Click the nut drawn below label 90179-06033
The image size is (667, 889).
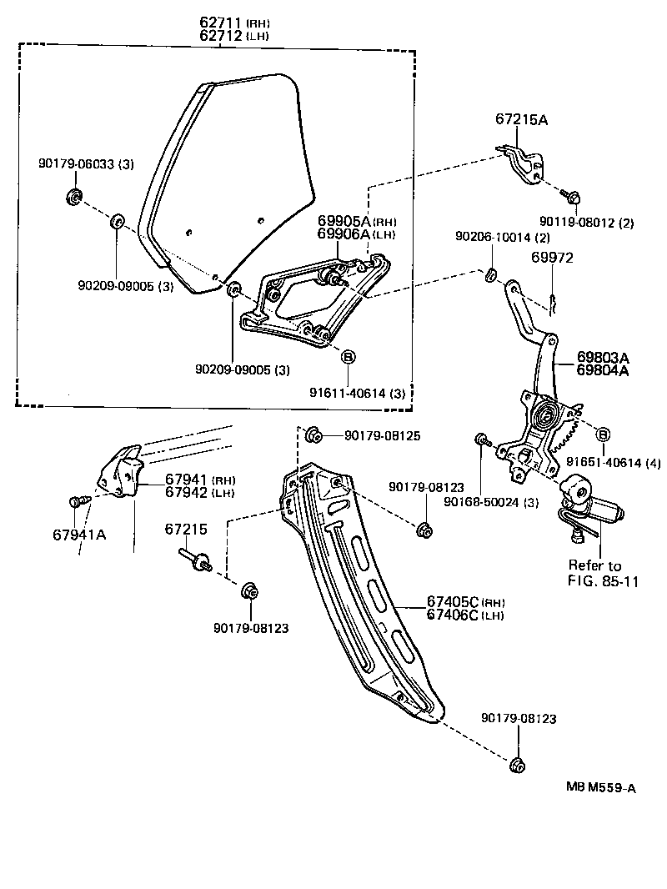coord(73,198)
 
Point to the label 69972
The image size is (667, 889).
coord(552,258)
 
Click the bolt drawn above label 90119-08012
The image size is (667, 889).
coord(573,197)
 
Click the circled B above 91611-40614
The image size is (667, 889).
coord(349,357)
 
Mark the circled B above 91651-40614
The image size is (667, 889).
coord(603,433)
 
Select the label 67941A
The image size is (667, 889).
coord(79,535)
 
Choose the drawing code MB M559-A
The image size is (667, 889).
coord(600,787)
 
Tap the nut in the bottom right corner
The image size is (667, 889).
coord(515,765)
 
